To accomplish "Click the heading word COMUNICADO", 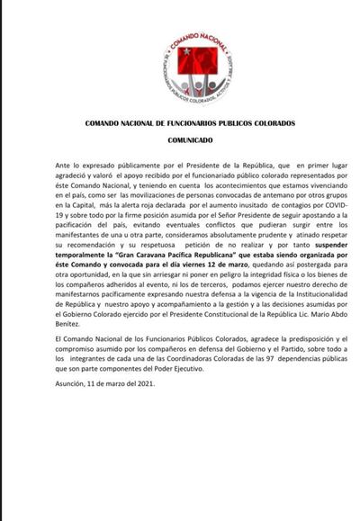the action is [x=190, y=141].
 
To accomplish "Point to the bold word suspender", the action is [x=316, y=243].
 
